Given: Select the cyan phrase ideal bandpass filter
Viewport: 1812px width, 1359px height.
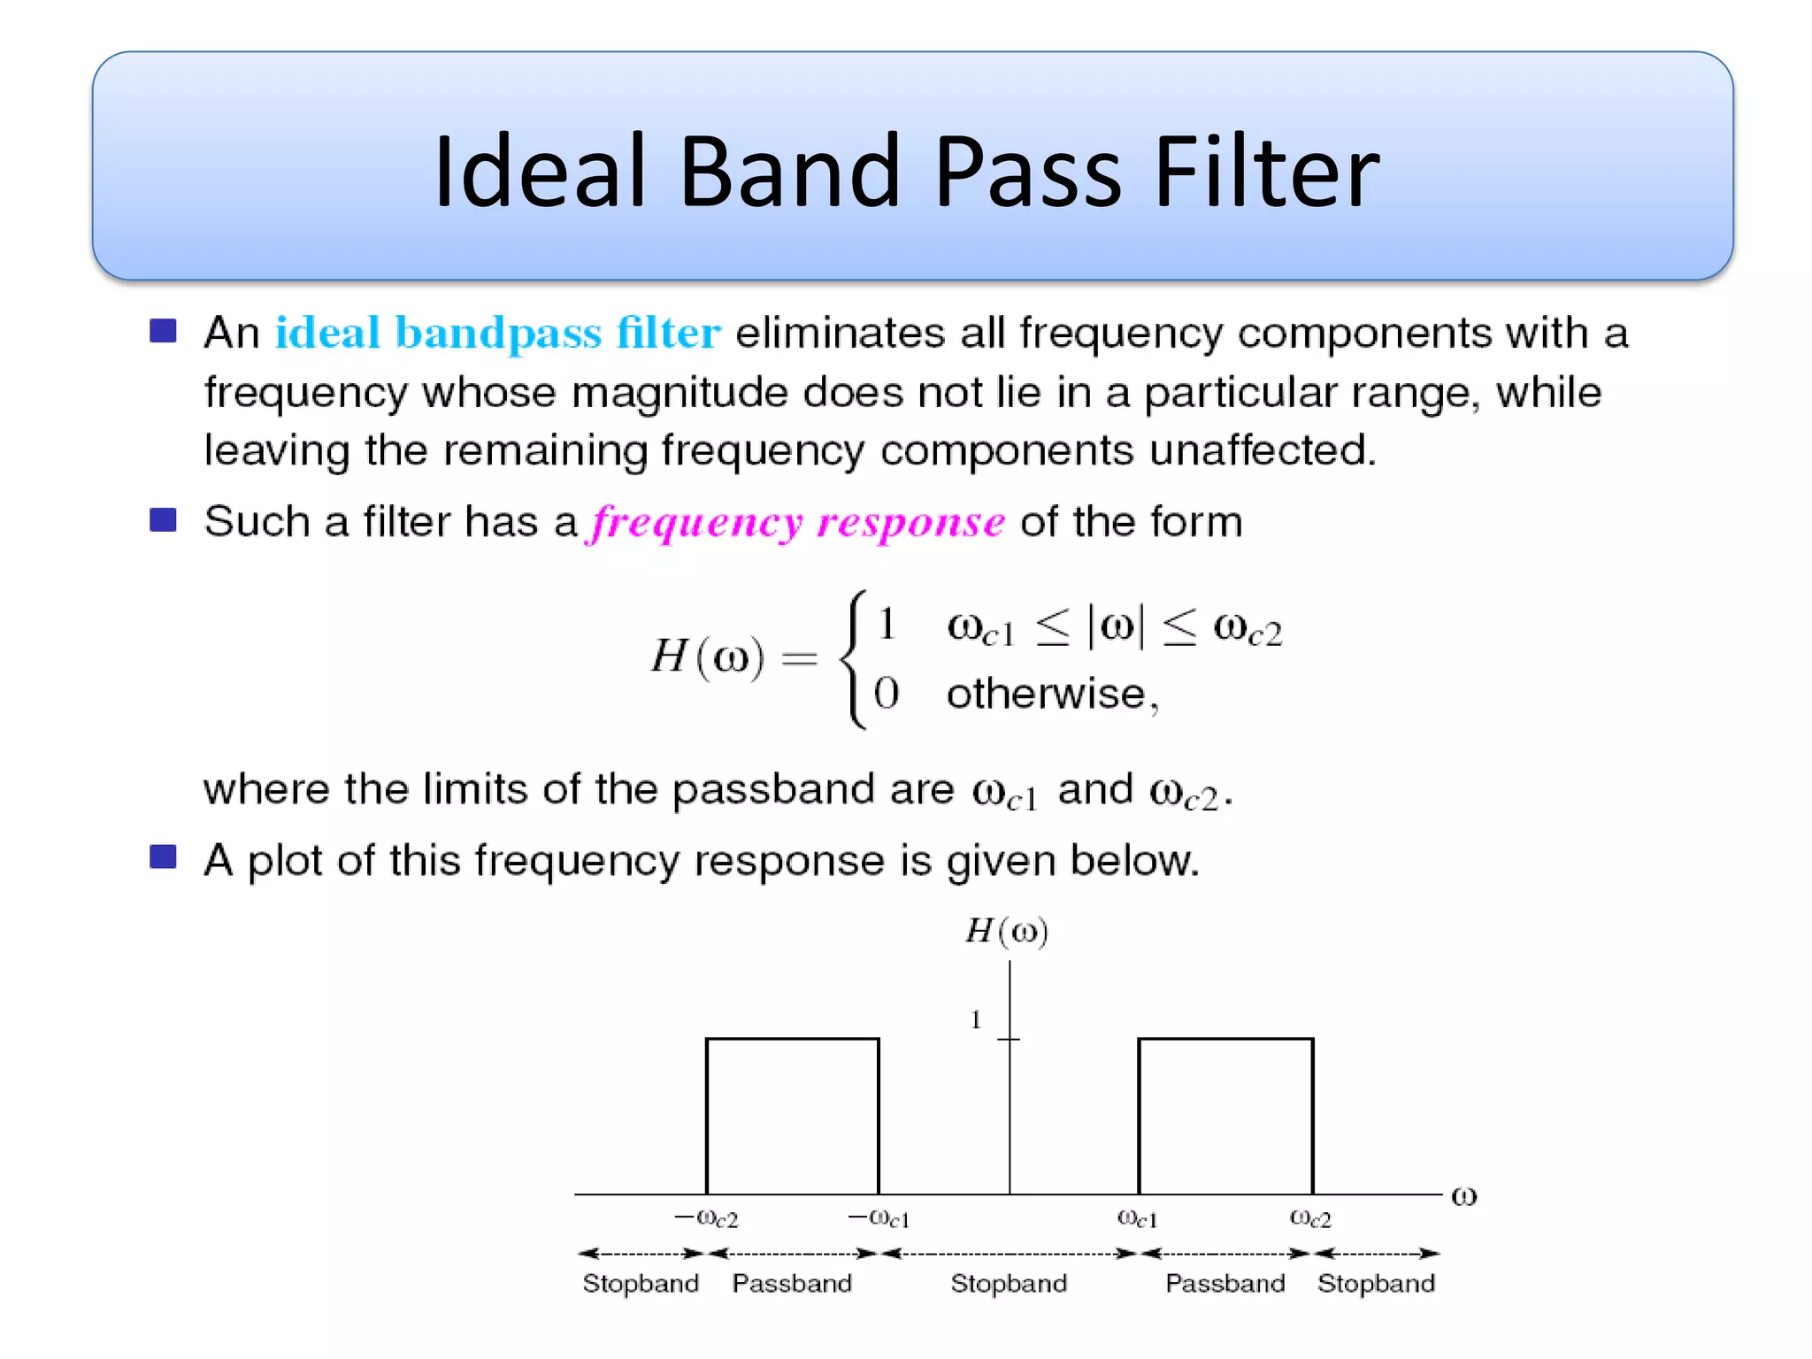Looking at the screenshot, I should (497, 334).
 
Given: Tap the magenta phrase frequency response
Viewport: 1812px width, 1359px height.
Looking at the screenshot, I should (797, 522).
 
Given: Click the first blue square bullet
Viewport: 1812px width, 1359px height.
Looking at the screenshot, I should (163, 331).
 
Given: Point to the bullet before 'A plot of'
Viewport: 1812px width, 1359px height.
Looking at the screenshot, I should (163, 856).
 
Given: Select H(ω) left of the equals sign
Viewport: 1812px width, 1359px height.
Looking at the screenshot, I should (707, 656).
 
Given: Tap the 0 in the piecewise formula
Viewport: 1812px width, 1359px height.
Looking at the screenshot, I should (886, 693).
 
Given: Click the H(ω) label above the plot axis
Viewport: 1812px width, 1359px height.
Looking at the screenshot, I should (1007, 932).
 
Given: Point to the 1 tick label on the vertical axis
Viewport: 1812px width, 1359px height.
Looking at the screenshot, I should (976, 1020).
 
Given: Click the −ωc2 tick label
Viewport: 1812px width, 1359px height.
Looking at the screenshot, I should (706, 1219).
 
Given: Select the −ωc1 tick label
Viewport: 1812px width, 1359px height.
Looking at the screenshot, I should (879, 1219).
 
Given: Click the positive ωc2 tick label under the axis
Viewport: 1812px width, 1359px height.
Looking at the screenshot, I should (1310, 1219).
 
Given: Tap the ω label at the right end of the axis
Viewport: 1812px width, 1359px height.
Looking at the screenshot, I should (1463, 1196).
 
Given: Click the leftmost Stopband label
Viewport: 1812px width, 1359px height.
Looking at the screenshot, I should (641, 1283).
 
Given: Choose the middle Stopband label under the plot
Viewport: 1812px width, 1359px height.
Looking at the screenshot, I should (1009, 1283).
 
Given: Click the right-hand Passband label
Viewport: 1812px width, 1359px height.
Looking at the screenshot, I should (1225, 1283).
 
